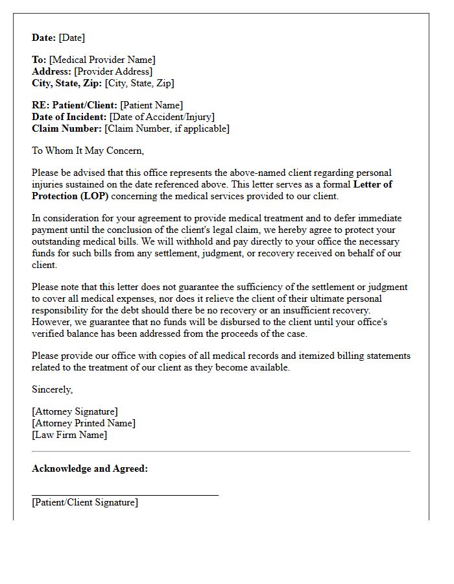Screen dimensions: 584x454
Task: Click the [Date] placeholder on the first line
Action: point(71,38)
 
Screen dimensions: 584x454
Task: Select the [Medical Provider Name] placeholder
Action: point(102,60)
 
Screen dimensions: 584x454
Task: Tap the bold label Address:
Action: point(52,71)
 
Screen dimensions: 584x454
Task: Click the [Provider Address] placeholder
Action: point(113,71)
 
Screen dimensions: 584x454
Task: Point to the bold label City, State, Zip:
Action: point(67,83)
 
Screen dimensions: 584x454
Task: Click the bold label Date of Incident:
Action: point(69,117)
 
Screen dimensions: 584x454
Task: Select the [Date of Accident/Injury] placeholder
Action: point(162,117)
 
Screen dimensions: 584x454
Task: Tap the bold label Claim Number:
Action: point(67,128)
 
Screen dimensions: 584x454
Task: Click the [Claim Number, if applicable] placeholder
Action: point(167,128)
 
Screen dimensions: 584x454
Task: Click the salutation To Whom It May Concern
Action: point(88,151)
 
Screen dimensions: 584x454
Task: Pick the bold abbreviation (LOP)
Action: point(94,196)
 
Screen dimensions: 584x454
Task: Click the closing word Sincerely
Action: point(53,389)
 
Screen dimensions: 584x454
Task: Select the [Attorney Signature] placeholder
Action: point(75,411)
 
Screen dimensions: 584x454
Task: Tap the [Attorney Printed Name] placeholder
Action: point(84,423)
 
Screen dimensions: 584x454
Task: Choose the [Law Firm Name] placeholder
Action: point(69,435)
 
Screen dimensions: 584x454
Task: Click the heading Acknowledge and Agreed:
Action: point(90,468)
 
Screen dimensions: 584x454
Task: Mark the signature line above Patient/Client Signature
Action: point(125,495)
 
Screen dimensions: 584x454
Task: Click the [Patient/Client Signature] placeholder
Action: point(85,502)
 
